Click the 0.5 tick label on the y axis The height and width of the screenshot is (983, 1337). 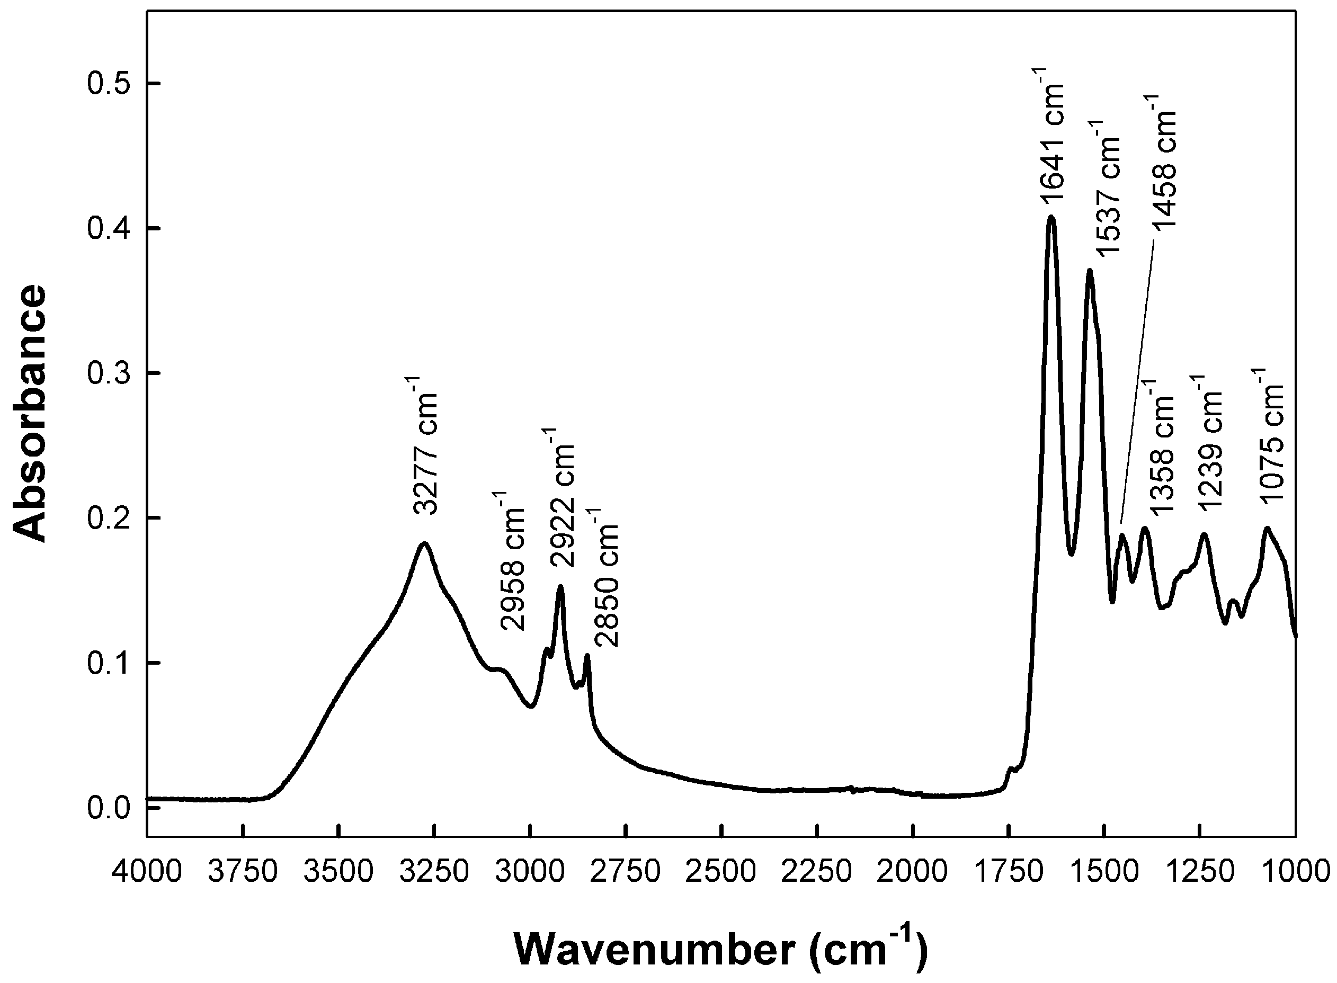[x=108, y=84]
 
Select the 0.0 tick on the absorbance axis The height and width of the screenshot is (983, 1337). [x=108, y=808]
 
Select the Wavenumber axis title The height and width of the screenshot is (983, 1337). [x=720, y=950]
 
